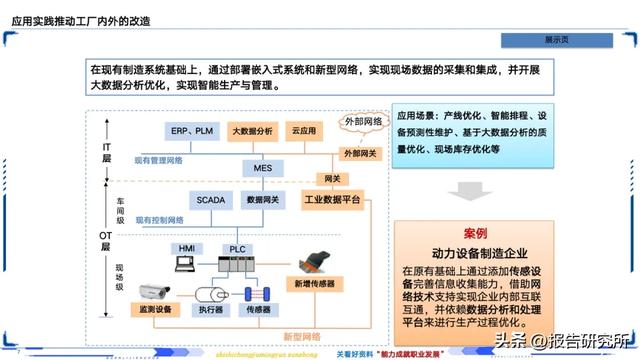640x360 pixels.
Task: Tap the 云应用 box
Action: coord(303,131)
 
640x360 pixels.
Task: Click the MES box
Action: coord(262,168)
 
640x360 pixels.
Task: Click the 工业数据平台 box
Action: coord(331,200)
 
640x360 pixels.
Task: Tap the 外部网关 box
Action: coord(360,153)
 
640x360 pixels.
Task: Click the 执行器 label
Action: coord(210,311)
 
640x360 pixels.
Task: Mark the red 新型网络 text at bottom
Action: coord(301,336)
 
